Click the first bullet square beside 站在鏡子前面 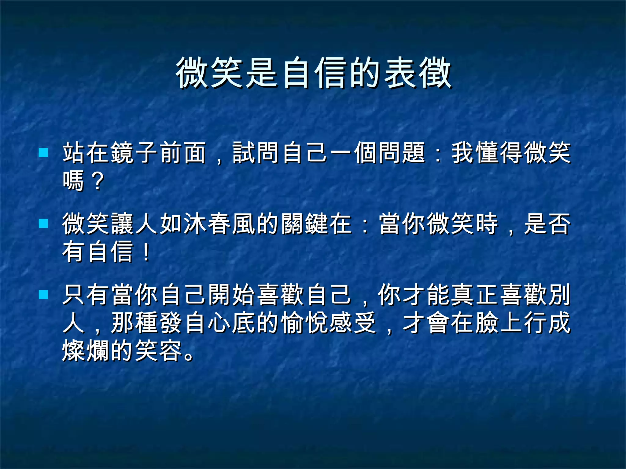click(44, 152)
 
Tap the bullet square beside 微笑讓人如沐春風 click(44, 224)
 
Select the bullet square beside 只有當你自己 click(44, 295)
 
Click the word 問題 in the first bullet click(402, 153)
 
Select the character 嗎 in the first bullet click(74, 181)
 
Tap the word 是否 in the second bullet click(547, 224)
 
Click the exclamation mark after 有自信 click(146, 252)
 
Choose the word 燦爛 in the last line click(86, 351)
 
